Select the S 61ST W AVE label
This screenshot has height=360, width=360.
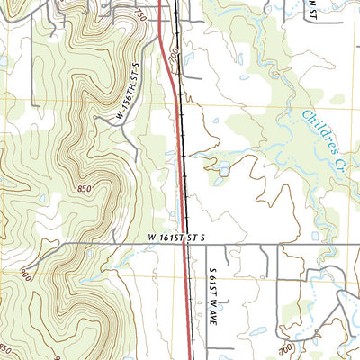[214, 285]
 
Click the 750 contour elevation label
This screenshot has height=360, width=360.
[140, 17]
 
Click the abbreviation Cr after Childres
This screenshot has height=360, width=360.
[343, 157]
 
